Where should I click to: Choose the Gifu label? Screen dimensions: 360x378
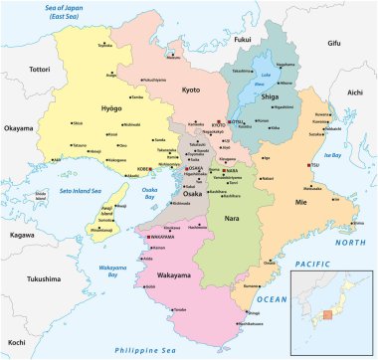(333, 44)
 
